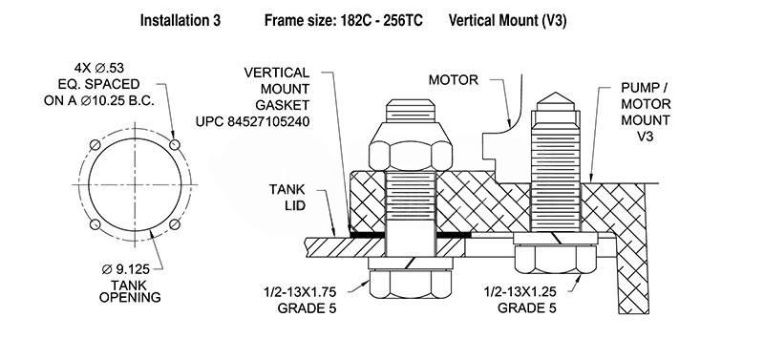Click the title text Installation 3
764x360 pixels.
pyautogui.click(x=180, y=20)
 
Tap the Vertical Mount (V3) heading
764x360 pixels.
pyautogui.click(x=507, y=20)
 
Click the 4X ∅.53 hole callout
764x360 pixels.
pyautogui.click(x=99, y=68)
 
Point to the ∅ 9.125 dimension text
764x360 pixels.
pyautogui.click(x=126, y=268)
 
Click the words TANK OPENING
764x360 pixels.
pyautogui.click(x=130, y=291)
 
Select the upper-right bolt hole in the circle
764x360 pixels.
pyautogui.click(x=175, y=145)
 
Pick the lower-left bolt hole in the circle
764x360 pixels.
pyautogui.click(x=95, y=224)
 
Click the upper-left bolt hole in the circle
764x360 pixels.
pyautogui.click(x=95, y=145)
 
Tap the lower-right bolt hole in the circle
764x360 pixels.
pyautogui.click(x=175, y=224)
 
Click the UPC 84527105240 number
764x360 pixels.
pyautogui.click(x=252, y=121)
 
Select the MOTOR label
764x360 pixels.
pyautogui.click(x=453, y=80)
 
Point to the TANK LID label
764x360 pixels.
pyautogui.click(x=287, y=197)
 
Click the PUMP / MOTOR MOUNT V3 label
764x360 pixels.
pyautogui.click(x=646, y=112)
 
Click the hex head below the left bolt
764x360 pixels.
pyautogui.click(x=411, y=284)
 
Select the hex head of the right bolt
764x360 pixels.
pyautogui.click(x=555, y=259)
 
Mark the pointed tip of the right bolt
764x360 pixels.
pyautogui.click(x=555, y=93)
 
